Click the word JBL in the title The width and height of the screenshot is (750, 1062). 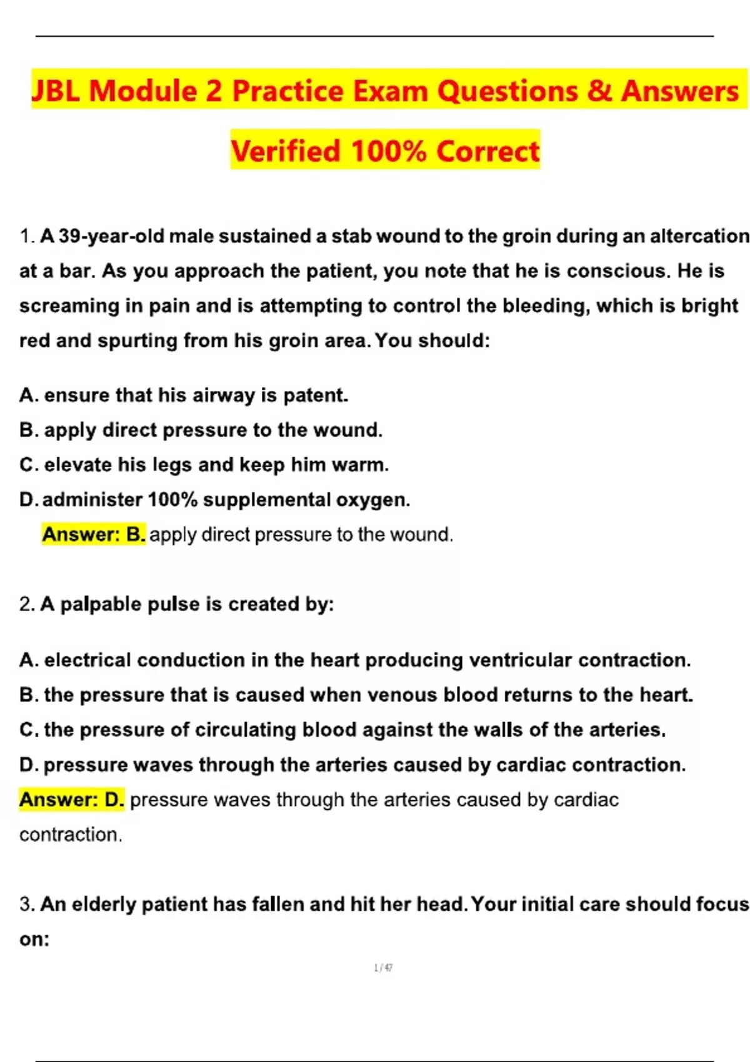click(56, 91)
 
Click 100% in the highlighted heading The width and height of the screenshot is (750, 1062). click(389, 151)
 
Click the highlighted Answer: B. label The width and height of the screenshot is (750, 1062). click(94, 535)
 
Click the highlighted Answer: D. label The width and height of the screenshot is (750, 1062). click(72, 800)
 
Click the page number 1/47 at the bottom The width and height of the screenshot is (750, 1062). click(383, 968)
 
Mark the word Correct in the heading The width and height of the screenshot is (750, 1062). click(487, 151)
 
